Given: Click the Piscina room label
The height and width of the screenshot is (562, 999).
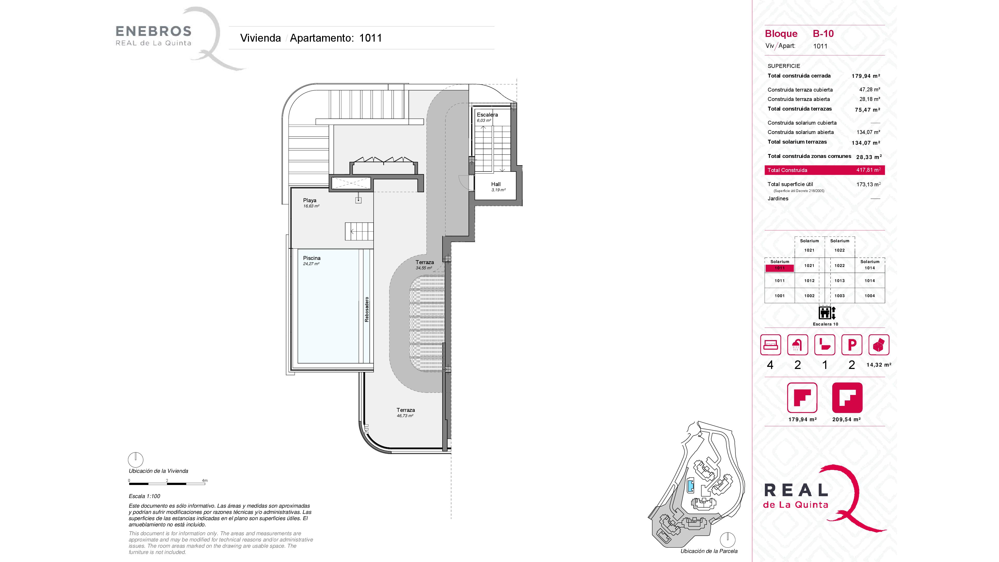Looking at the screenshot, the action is click(x=312, y=258).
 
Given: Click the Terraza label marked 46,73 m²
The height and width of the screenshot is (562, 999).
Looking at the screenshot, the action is click(x=406, y=410).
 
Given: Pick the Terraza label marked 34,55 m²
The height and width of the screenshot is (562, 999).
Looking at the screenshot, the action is click(x=425, y=262).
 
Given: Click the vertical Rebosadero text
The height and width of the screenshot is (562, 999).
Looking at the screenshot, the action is click(x=367, y=310).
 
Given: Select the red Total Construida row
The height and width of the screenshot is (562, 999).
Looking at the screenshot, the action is click(x=824, y=170).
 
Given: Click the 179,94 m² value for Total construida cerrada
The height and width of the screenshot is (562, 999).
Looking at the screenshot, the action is click(x=866, y=76).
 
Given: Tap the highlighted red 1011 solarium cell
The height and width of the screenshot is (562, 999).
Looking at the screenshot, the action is click(x=779, y=268).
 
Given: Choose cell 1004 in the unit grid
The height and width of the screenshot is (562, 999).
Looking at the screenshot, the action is click(x=870, y=296).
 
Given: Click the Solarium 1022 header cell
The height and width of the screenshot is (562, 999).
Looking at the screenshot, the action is click(x=840, y=246).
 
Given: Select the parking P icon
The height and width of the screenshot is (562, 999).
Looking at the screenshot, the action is click(x=852, y=345).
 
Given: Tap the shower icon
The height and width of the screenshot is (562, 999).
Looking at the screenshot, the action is click(x=798, y=345).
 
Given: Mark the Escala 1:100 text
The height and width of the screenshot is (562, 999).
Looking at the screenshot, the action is click(x=144, y=496).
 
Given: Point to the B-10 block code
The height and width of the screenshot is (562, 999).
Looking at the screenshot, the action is click(x=823, y=34).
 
